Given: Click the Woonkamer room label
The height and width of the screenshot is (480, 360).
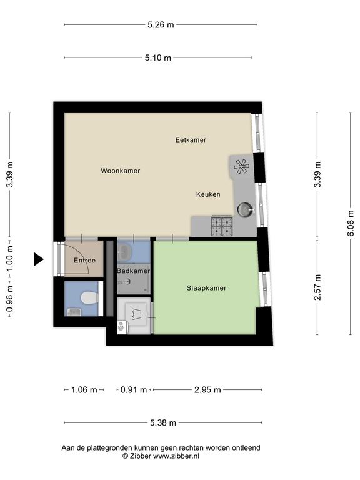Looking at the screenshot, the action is click(x=120, y=171).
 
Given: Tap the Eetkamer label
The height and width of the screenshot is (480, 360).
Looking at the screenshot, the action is click(x=191, y=140).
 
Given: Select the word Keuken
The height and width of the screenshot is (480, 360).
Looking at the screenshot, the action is click(x=208, y=194).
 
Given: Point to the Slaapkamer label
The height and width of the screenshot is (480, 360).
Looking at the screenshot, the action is click(x=206, y=288).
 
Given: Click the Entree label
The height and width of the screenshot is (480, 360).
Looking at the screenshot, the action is click(x=84, y=261).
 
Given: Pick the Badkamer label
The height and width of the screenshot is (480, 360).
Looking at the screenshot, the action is click(x=134, y=271).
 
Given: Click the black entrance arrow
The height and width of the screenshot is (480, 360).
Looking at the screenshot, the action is click(x=39, y=259).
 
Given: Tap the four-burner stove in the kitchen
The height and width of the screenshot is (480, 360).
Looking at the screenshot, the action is click(x=222, y=226).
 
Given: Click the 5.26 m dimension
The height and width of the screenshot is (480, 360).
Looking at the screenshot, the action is click(x=161, y=25).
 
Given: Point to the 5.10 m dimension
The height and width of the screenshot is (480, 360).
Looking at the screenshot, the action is click(x=158, y=57).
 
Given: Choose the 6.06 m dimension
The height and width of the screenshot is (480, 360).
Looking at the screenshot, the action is click(x=351, y=223).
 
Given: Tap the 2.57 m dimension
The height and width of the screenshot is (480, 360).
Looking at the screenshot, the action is click(x=317, y=287).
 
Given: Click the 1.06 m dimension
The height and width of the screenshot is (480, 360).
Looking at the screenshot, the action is click(x=84, y=390).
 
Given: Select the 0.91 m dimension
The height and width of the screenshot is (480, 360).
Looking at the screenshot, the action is click(x=134, y=390).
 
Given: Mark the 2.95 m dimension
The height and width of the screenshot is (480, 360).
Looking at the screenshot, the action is click(x=207, y=390).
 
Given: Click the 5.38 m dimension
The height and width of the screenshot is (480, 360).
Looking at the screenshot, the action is click(x=163, y=423).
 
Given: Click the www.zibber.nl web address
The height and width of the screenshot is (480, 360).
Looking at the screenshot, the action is click(x=176, y=456).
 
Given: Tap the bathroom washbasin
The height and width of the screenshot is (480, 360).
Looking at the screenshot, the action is click(x=124, y=252).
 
